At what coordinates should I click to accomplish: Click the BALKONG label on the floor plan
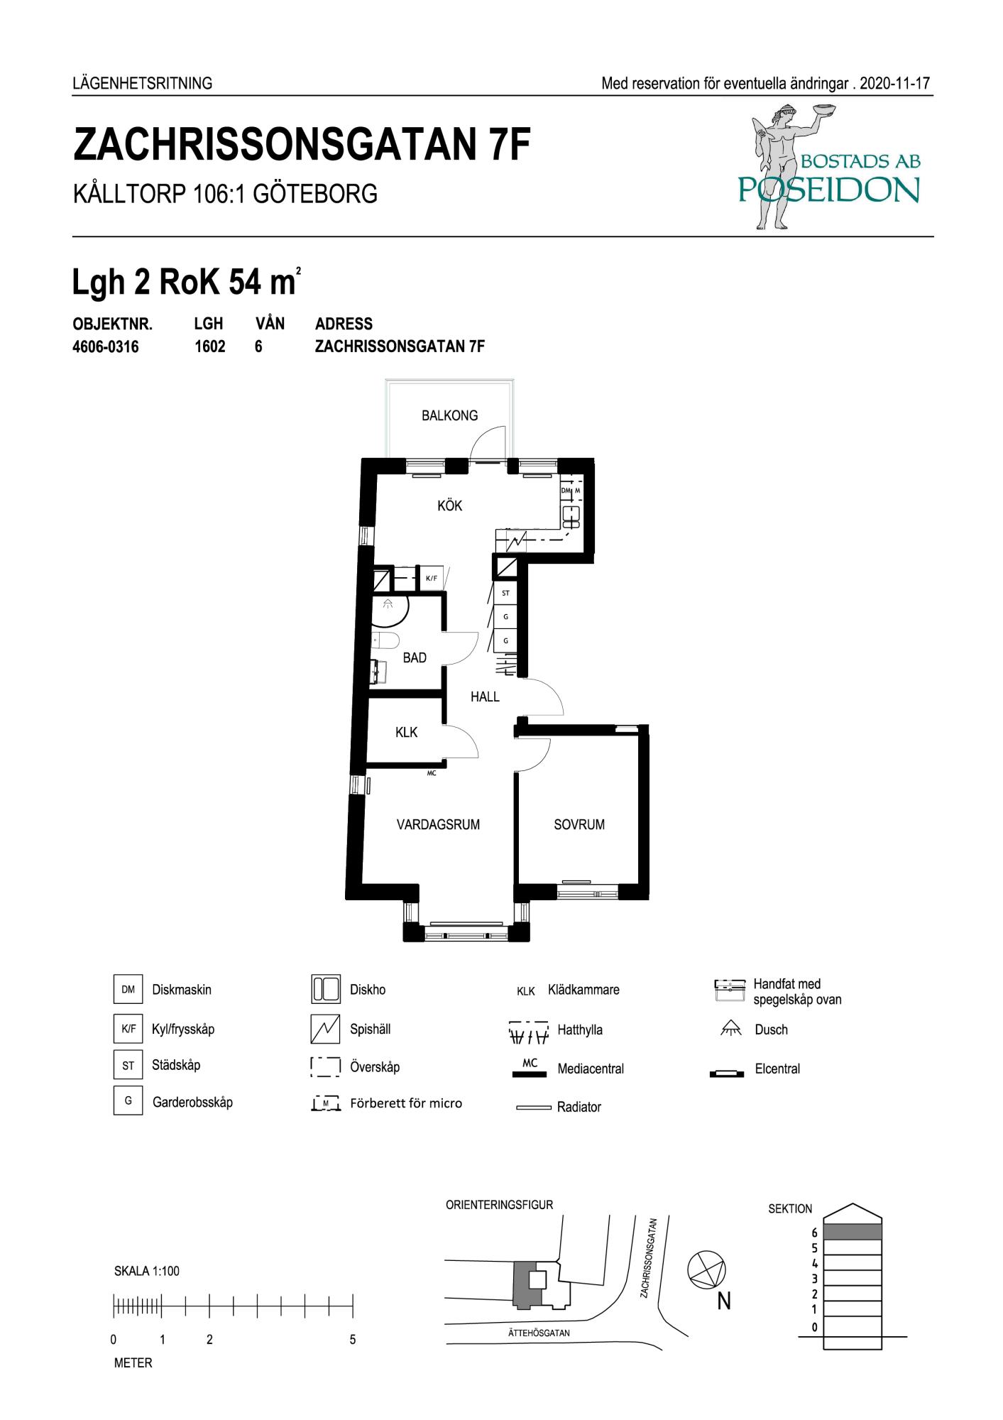click(449, 415)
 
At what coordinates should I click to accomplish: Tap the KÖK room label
click(450, 506)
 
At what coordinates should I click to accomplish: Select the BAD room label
click(415, 657)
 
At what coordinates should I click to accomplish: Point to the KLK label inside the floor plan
click(407, 732)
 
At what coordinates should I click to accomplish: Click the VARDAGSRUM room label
click(438, 824)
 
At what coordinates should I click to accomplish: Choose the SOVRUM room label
click(579, 824)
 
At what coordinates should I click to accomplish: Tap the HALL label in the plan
click(485, 697)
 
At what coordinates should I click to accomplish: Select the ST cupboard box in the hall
click(505, 593)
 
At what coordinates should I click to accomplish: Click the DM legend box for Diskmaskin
click(128, 990)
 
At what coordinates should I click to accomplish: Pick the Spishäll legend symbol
click(325, 1029)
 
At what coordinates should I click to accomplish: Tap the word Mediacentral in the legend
click(591, 1069)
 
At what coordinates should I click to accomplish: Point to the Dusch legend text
click(771, 1029)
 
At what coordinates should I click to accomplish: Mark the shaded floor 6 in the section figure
click(853, 1232)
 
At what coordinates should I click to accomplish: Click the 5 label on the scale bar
click(353, 1340)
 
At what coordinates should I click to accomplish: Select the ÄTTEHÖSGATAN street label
click(539, 1333)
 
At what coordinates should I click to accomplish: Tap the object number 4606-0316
click(106, 347)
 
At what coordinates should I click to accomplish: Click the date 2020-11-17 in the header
click(894, 83)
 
